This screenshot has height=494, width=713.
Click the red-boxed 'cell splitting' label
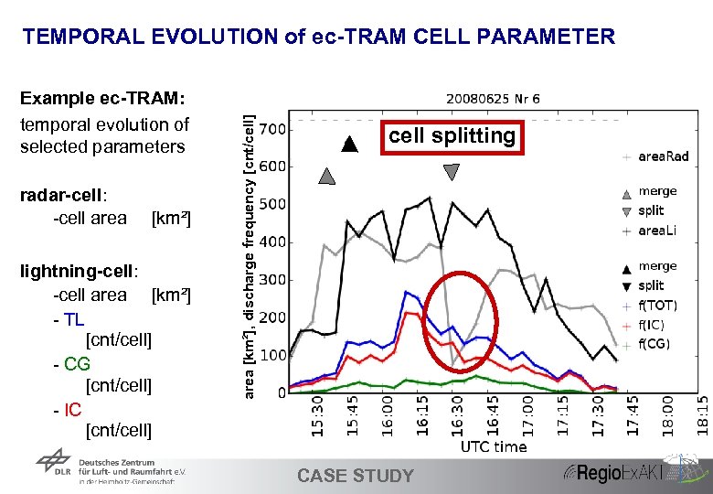click(452, 136)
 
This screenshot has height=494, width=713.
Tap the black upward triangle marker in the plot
click(347, 144)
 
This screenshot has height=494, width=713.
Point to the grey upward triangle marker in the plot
click(326, 177)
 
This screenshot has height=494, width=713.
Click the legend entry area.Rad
click(663, 156)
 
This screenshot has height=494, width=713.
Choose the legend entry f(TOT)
click(657, 306)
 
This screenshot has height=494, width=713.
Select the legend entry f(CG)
click(654, 344)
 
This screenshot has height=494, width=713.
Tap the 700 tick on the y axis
click(273, 129)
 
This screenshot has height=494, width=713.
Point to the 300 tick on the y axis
click(273, 280)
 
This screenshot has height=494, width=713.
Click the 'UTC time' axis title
click(493, 446)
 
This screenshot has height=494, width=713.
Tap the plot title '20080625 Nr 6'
click(493, 98)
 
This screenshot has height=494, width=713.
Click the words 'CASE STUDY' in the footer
click(356, 476)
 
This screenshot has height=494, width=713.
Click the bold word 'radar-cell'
click(62, 195)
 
